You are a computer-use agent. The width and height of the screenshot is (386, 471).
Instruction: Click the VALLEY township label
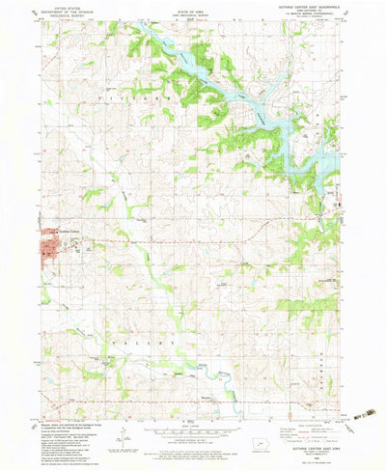tap(154, 341)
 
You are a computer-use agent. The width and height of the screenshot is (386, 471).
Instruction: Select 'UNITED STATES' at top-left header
tap(66, 9)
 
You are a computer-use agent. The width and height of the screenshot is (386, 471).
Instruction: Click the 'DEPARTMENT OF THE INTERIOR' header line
tap(66, 13)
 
